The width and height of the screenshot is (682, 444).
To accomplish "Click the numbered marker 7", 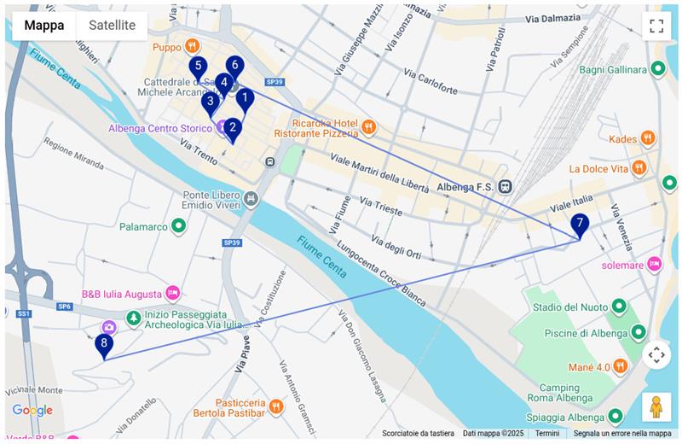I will click(x=580, y=225).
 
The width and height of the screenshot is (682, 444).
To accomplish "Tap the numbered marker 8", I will click(x=104, y=345).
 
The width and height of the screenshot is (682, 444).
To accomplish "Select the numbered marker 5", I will click(x=198, y=67).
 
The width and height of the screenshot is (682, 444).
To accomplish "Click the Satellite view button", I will click(x=112, y=26).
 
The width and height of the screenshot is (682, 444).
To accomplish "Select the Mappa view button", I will click(x=44, y=26).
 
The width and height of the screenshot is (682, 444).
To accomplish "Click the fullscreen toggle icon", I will click(x=656, y=26).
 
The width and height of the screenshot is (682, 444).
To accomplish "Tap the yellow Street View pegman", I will click(x=656, y=406).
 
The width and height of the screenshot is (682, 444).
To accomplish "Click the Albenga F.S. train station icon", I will click(x=506, y=187).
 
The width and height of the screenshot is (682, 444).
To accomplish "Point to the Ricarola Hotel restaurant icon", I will click(x=368, y=127).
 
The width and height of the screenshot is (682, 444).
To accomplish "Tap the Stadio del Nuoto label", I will click(x=570, y=307).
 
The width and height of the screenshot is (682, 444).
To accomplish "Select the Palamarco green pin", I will click(x=178, y=226).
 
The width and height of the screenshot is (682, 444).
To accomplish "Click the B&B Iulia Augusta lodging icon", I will click(x=173, y=294).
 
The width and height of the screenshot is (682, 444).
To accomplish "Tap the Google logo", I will click(x=32, y=411).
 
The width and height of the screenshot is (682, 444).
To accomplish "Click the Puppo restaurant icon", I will click(x=194, y=46).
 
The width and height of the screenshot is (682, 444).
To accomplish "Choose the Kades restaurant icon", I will click(x=648, y=138).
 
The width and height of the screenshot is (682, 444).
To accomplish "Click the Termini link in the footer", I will click(x=547, y=434).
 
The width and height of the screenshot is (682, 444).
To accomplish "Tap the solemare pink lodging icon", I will click(x=654, y=264).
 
